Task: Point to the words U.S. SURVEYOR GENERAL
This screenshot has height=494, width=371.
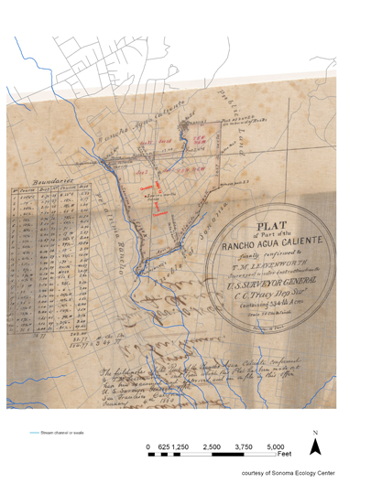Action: pyautogui.click(x=276, y=283)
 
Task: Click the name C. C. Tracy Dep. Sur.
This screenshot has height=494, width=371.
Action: pyautogui.click(x=276, y=294)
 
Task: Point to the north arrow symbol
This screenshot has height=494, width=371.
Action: pyautogui.click(x=317, y=446)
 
